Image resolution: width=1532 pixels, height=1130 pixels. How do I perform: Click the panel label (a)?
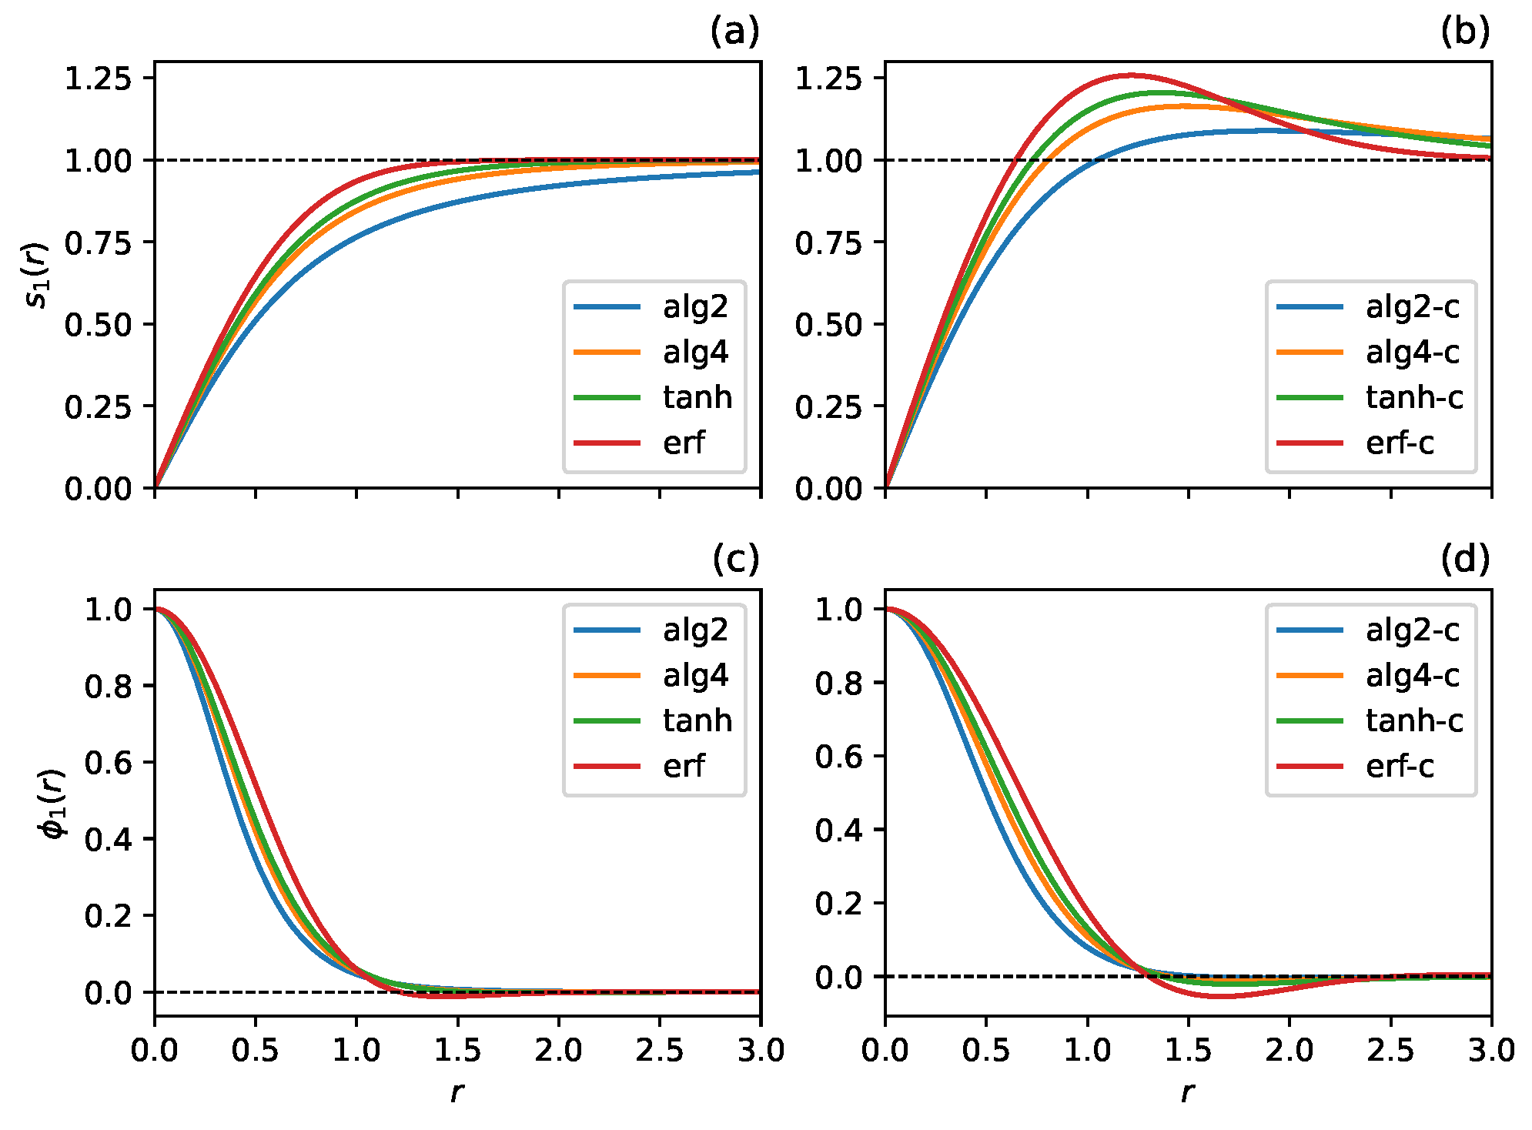(734, 32)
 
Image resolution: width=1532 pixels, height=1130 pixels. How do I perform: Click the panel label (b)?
(1465, 32)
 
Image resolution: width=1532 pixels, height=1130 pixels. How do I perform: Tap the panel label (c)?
(735, 560)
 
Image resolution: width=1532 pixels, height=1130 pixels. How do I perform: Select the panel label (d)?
(1465, 560)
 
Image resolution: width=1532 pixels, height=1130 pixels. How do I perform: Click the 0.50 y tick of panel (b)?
(828, 325)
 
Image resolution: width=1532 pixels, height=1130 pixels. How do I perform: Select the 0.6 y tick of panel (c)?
(108, 763)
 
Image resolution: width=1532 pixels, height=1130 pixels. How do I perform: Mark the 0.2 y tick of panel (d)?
(838, 904)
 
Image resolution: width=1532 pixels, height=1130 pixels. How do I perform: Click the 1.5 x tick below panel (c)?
(457, 1051)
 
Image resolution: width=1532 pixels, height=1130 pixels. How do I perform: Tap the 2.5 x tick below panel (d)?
(1390, 1051)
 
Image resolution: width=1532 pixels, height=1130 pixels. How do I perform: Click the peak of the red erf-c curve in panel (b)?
(1130, 75)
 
